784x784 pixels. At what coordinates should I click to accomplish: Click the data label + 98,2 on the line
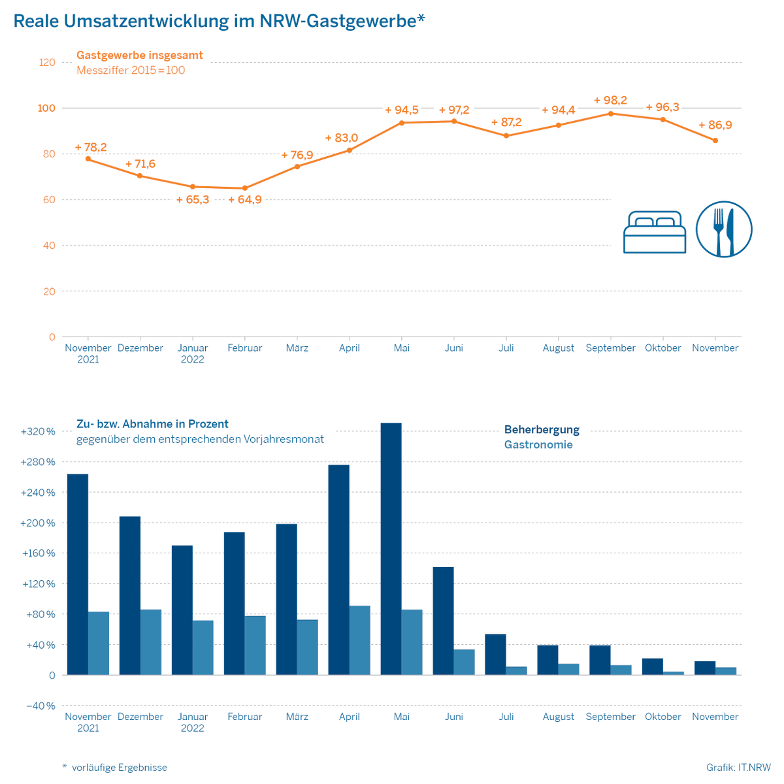coord(610,101)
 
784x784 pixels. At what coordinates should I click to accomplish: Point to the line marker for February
coord(245,188)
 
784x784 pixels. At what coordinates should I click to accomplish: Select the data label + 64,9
coord(245,200)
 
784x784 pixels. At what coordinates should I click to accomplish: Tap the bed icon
coord(655,232)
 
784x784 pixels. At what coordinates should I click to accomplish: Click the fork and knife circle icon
coord(724,229)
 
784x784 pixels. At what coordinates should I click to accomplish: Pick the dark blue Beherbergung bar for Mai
coord(391,549)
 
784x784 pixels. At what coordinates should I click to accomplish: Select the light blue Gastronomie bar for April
coord(360,640)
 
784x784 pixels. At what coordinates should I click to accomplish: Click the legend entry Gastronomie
coord(538,445)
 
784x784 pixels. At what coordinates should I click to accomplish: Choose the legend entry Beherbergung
coord(542,430)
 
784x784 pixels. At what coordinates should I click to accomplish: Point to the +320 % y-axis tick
coord(38,432)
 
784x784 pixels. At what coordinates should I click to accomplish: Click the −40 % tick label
coord(40,706)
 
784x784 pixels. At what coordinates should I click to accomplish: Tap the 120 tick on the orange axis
coord(47,63)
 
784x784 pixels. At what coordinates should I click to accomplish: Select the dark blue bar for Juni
coord(443,621)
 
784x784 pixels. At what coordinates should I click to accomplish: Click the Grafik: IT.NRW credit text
coord(738,768)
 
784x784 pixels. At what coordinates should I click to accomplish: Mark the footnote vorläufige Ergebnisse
coord(119,768)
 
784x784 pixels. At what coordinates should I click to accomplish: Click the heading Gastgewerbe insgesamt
coord(140,56)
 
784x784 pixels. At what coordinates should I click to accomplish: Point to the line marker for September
coord(611,114)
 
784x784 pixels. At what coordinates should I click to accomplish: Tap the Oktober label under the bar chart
coord(662,717)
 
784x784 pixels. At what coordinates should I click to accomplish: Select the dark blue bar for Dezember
coord(129,596)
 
